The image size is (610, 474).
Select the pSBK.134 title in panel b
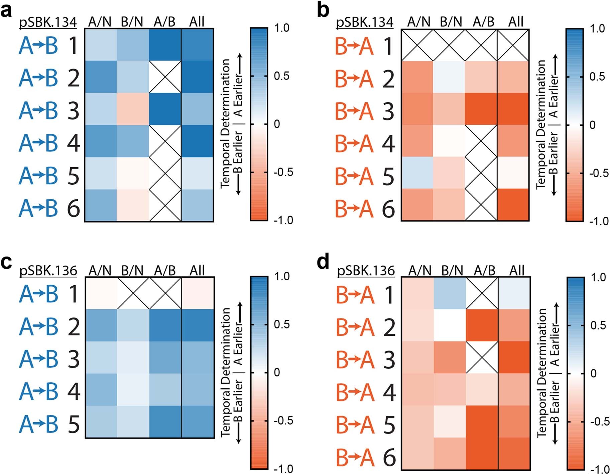point(364,22)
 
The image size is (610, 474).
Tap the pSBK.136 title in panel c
point(48,270)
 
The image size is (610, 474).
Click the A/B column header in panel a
point(164,22)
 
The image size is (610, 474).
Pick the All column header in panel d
point(516,270)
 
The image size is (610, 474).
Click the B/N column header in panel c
point(132,270)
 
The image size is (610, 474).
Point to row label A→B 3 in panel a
point(49,111)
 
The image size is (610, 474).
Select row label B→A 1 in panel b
point(365,46)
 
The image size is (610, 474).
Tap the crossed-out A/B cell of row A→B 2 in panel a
point(165,77)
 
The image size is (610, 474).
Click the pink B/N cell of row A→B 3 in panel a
point(133,109)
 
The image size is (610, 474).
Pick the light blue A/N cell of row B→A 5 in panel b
point(417,173)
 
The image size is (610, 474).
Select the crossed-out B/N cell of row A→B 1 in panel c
point(133,293)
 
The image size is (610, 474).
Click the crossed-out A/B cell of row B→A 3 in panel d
point(482,357)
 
